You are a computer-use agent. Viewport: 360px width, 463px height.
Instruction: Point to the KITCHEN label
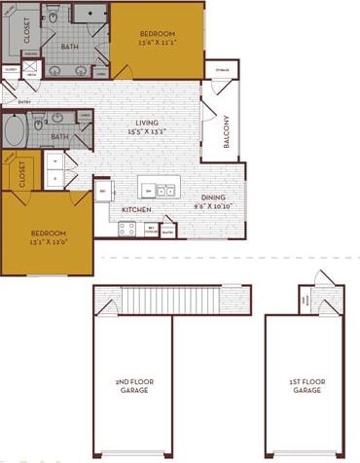[x=135, y=209]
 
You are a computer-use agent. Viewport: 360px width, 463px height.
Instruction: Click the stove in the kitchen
[x=126, y=229]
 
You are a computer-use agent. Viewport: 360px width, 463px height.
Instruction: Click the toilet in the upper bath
[x=55, y=16]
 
